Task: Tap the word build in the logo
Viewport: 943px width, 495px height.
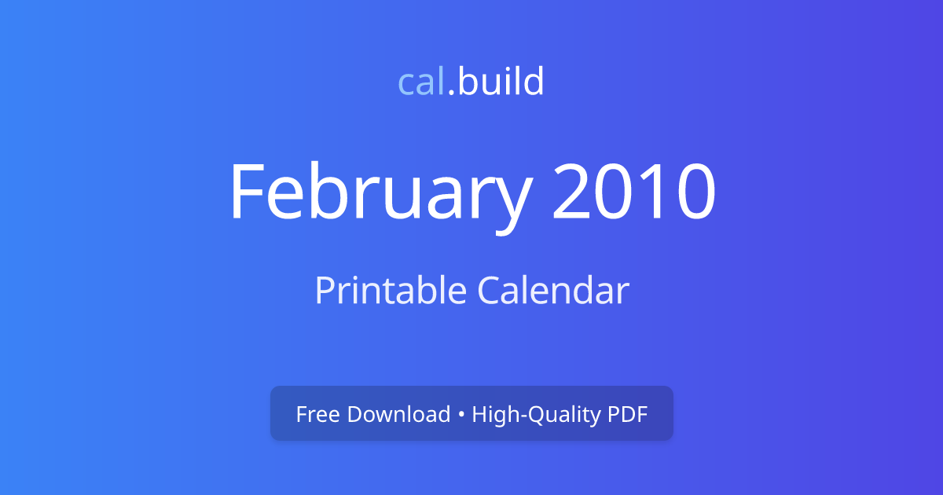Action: pyautogui.click(x=501, y=82)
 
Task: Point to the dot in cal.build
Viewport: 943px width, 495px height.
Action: pyautogui.click(x=451, y=93)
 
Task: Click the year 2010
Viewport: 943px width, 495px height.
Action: pyautogui.click(x=633, y=192)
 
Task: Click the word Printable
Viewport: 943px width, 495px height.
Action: pyautogui.click(x=391, y=291)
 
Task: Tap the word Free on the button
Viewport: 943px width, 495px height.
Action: pyautogui.click(x=318, y=414)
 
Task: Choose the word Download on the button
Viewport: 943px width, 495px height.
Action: pyautogui.click(x=398, y=414)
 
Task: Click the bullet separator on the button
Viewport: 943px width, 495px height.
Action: pyautogui.click(x=461, y=414)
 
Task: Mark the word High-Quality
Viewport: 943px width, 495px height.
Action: pyautogui.click(x=536, y=414)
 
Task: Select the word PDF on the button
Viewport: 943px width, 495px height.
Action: pyautogui.click(x=628, y=414)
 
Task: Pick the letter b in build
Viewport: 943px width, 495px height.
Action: pyautogui.click(x=467, y=82)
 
